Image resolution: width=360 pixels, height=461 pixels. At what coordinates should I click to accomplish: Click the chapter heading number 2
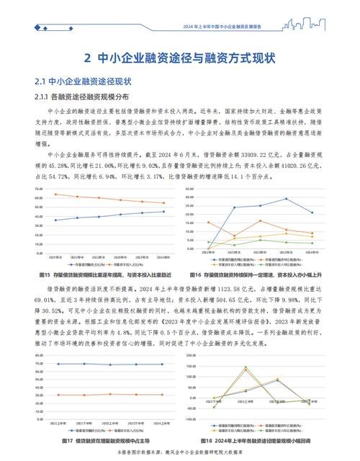point(86,56)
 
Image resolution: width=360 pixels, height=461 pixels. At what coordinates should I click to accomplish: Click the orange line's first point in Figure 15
point(56,194)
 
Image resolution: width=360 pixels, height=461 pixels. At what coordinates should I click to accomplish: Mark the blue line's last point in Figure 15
point(163,211)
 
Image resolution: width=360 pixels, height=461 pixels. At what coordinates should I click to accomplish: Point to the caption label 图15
point(43,274)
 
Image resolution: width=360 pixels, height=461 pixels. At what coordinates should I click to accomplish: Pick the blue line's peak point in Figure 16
point(286,198)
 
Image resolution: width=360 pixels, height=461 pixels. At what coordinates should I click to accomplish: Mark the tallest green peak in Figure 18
point(245,368)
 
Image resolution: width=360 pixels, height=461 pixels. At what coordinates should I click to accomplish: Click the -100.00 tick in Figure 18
point(192,419)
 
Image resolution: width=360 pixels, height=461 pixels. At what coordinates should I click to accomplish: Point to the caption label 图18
point(199,439)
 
